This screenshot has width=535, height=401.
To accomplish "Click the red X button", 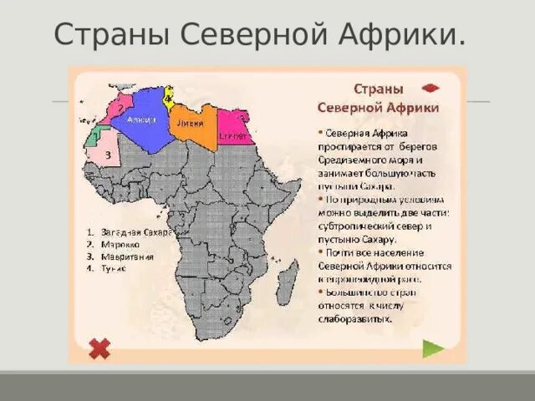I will coord(99,348).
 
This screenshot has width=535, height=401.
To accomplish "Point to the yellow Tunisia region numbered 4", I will coord(168,98).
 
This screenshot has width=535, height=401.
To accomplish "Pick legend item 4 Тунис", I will coord(118,270).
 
